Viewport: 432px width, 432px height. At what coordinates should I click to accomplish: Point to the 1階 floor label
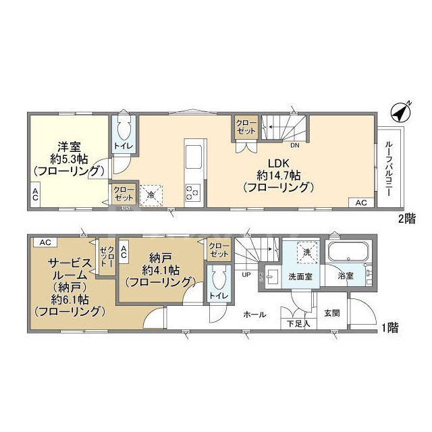pos(389,328)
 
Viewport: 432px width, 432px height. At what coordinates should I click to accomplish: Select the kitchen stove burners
pos(192,192)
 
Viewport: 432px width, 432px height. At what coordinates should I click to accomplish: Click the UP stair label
pos(247,274)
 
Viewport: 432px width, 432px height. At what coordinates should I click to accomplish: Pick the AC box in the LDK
pos(360,202)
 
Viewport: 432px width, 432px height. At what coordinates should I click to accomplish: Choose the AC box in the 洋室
pos(34,195)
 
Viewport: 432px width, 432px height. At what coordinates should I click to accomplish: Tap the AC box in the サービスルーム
pos(45,242)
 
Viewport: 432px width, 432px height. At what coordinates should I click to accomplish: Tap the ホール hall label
pos(254,315)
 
